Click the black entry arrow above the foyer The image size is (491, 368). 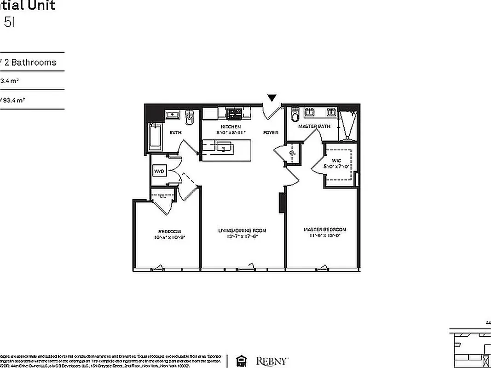point(272,98)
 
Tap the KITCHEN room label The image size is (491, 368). point(230,127)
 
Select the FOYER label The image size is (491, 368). point(271,132)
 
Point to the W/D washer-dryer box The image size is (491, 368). point(159,171)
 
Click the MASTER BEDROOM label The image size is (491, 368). point(324,230)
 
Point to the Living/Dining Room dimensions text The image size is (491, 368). point(242,236)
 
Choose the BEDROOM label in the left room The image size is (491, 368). point(169,231)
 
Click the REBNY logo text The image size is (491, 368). point(272,360)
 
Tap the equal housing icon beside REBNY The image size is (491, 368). point(241,360)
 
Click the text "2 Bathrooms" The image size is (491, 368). point(30,62)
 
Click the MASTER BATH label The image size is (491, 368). point(314,126)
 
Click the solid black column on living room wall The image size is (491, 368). point(281,203)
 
